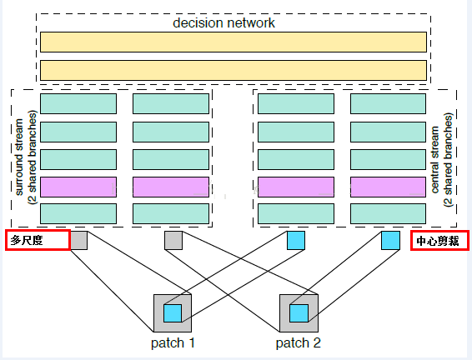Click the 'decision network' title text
pyautogui.click(x=223, y=22)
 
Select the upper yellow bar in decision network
pyautogui.click(x=233, y=42)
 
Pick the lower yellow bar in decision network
pyautogui.click(x=233, y=70)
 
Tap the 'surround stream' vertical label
pyautogui.click(x=19, y=157)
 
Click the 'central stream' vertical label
pyautogui.click(x=435, y=159)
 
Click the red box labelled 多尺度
pyautogui.click(x=38, y=240)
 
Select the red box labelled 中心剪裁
pyautogui.click(x=439, y=240)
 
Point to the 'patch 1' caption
pyautogui.click(x=173, y=342)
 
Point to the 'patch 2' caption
pyautogui.click(x=299, y=342)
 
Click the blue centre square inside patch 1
pyautogui.click(x=173, y=313)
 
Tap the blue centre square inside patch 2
pyautogui.click(x=299, y=313)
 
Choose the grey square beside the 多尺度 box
pyautogui.click(x=79, y=240)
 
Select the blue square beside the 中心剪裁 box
pyautogui.click(x=390, y=240)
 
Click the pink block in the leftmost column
pyautogui.click(x=78, y=187)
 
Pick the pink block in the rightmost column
pyautogui.click(x=388, y=187)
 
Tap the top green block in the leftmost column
pyautogui.click(x=78, y=104)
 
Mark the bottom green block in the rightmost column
pyautogui.click(x=388, y=214)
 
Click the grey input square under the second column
pyautogui.click(x=173, y=240)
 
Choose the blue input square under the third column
pyautogui.click(x=296, y=240)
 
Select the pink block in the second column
pyautogui.click(x=171, y=187)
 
